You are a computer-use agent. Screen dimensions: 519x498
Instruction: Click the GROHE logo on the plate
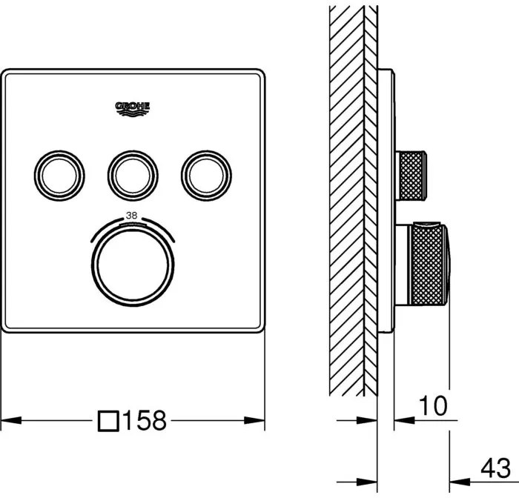[x=133, y=109]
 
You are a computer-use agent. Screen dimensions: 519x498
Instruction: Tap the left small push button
[x=59, y=176]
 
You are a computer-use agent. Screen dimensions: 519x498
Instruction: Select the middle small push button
[x=133, y=176]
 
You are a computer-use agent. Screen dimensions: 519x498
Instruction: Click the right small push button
[x=207, y=176]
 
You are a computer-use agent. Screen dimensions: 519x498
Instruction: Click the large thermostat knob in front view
[x=133, y=265]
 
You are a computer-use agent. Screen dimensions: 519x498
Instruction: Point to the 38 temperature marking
[x=132, y=216]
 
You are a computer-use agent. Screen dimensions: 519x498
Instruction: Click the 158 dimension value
[x=145, y=421]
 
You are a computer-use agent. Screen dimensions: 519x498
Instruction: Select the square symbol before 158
[x=108, y=421]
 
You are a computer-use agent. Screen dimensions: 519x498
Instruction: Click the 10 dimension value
[x=433, y=405]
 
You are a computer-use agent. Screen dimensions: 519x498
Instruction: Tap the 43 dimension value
[x=495, y=468]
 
